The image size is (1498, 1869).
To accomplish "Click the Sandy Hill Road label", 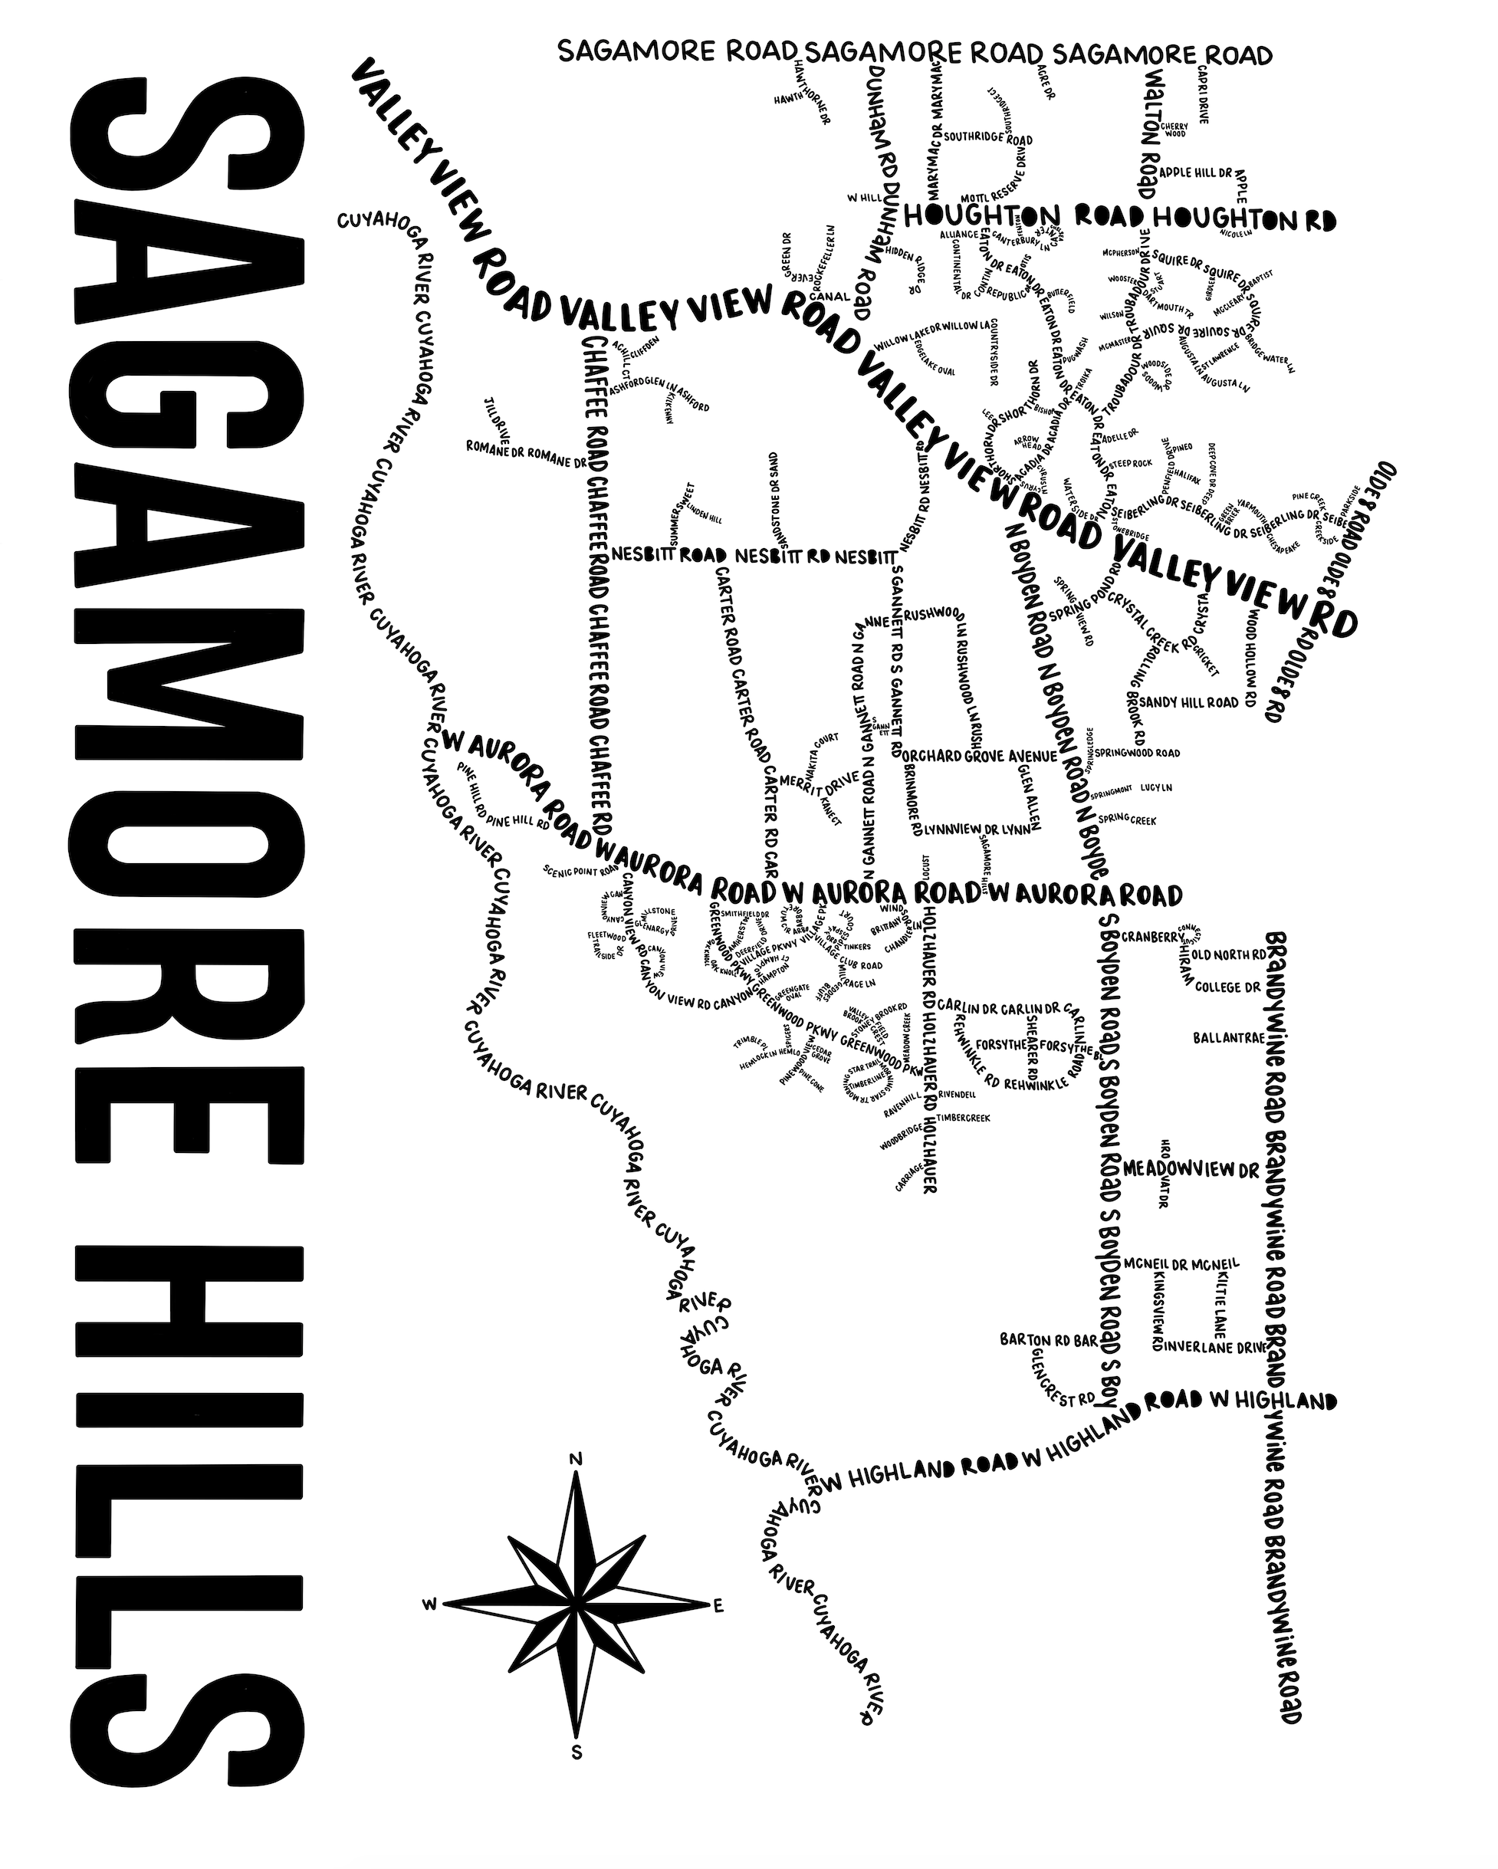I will click(1188, 702).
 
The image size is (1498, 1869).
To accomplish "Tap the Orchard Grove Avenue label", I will click(980, 756).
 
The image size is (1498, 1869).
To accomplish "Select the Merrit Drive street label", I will click(820, 780).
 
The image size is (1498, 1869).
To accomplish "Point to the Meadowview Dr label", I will click(1191, 1169).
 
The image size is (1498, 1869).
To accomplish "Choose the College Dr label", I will click(1227, 987).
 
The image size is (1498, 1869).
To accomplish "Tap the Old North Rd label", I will click(1229, 954).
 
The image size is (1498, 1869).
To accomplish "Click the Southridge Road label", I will click(987, 138).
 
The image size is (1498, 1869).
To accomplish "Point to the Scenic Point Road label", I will click(580, 869).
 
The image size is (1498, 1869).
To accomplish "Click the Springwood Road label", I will click(1136, 753).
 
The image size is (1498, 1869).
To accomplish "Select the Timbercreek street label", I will click(963, 1118).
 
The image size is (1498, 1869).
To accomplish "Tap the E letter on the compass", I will click(718, 1606).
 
